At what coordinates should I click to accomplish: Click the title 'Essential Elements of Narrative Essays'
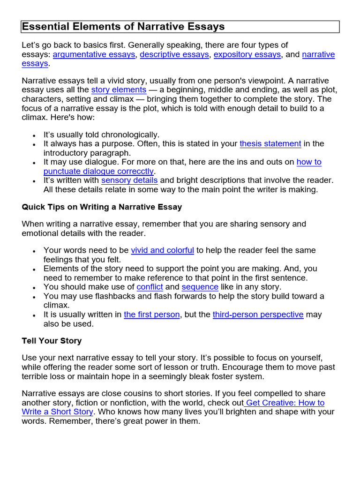(x=123, y=27)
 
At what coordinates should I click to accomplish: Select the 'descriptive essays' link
(x=174, y=54)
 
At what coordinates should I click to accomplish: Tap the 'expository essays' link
(x=247, y=54)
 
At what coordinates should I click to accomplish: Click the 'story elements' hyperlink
(x=119, y=90)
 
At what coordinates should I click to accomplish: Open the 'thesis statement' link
(x=270, y=144)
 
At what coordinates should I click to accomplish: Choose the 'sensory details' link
(x=129, y=180)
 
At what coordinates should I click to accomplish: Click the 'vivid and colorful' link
(x=162, y=250)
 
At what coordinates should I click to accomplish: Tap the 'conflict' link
(x=150, y=287)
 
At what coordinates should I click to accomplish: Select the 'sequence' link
(x=200, y=287)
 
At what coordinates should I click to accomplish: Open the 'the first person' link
(x=151, y=315)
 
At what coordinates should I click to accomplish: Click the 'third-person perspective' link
(x=258, y=315)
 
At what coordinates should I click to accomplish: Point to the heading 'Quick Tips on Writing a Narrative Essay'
(x=102, y=207)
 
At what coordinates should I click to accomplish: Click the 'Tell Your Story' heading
(x=52, y=341)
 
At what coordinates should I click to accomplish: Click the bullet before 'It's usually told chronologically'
(x=34, y=135)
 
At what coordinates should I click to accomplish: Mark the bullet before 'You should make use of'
(x=34, y=287)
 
